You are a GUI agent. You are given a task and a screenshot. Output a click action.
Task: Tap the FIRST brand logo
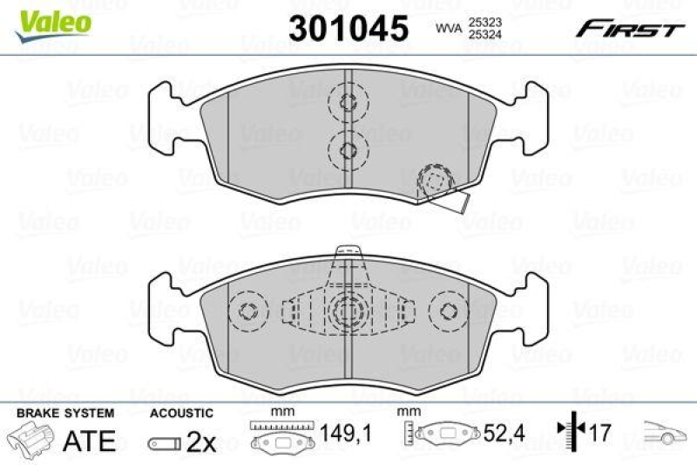(628, 30)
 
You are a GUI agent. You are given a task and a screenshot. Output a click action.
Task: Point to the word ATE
(91, 441)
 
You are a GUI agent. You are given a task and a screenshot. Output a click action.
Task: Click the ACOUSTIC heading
(180, 413)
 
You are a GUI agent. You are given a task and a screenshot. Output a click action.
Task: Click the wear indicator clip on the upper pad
(440, 188)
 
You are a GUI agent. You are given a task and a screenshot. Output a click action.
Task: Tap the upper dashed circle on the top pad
(348, 103)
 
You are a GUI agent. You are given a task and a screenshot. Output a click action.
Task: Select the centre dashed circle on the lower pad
(348, 309)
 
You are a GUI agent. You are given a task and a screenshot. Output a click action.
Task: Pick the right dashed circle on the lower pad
(450, 311)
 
